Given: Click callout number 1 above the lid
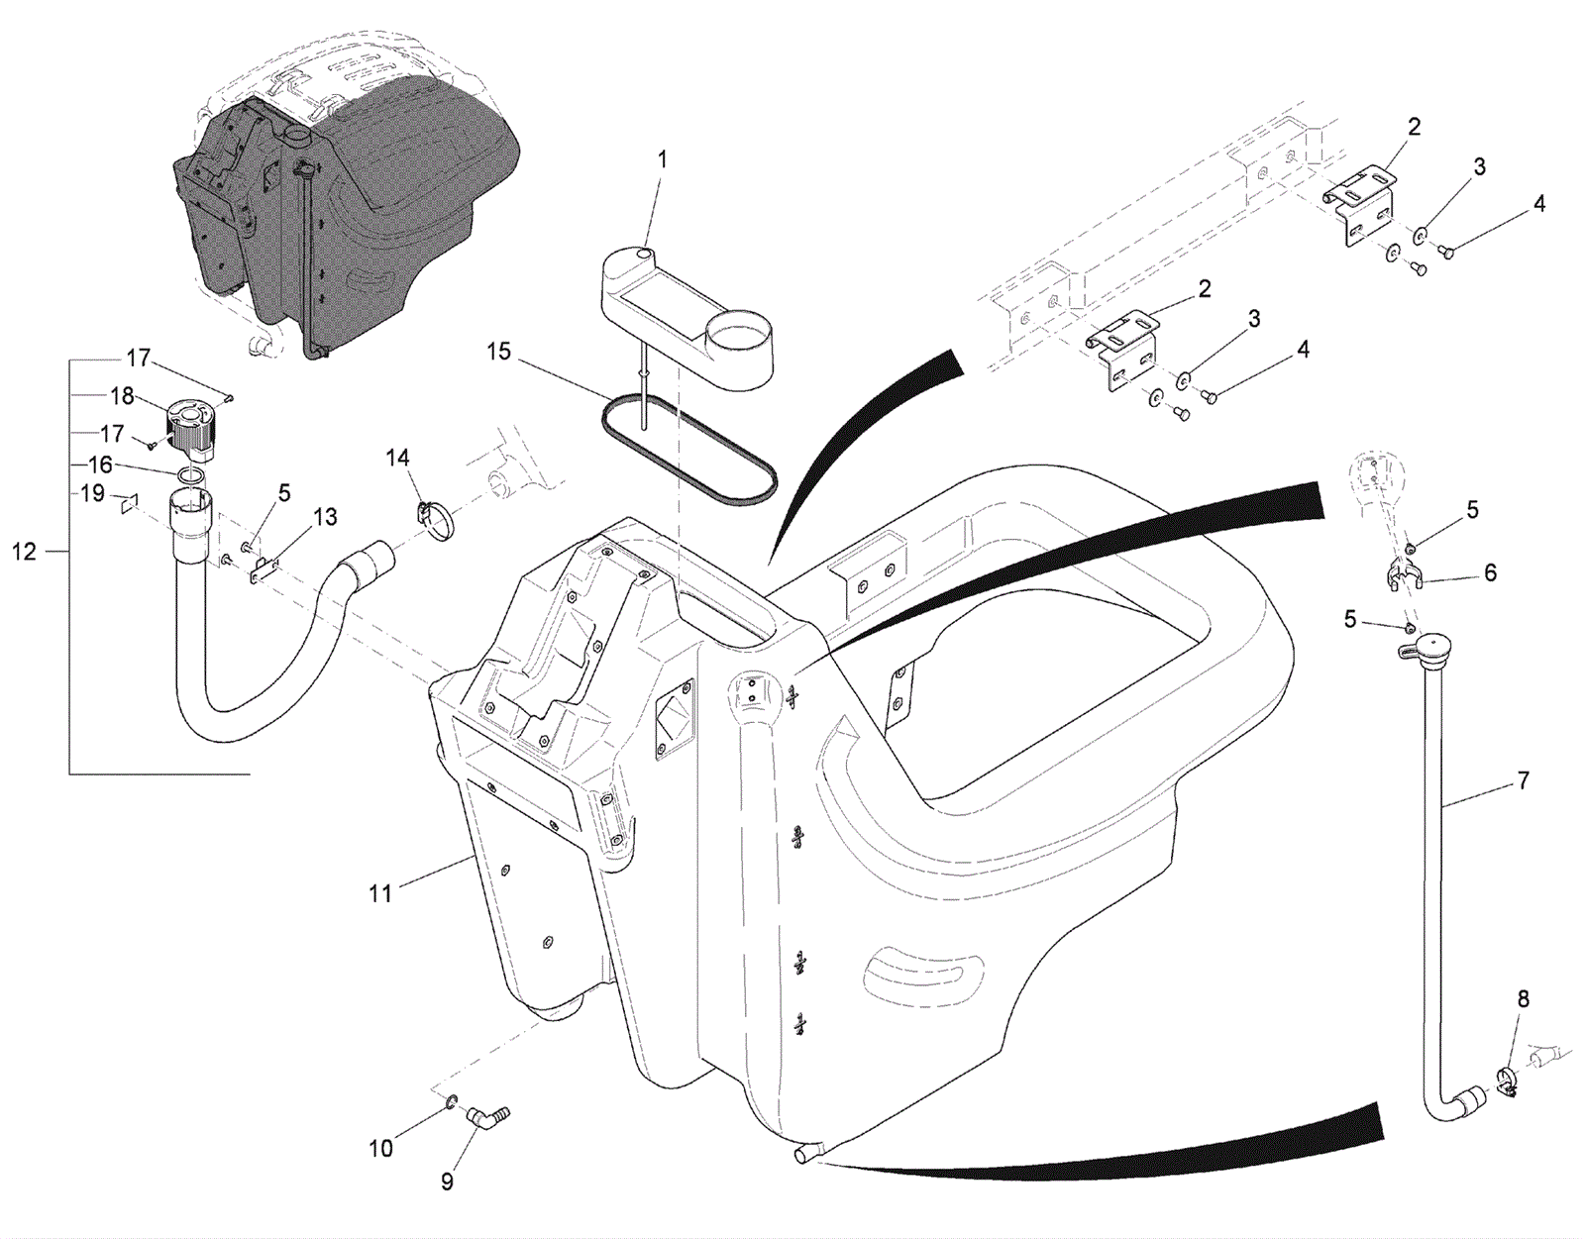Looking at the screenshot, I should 663,159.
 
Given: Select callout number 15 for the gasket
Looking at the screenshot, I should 498,352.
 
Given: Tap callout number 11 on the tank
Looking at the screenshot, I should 380,893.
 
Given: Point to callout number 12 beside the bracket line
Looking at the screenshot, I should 24,552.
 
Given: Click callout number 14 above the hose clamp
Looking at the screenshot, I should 397,458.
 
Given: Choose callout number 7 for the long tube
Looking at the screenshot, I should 1523,781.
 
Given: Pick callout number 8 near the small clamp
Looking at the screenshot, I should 1523,999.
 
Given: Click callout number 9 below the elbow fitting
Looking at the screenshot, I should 447,1182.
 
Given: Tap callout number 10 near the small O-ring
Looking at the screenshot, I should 380,1149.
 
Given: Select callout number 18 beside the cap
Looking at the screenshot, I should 122,397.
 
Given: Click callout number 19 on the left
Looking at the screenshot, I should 92,493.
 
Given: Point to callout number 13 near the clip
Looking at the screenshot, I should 325,517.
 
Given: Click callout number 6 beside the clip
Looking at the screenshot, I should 1490,572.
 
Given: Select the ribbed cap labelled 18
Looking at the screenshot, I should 189,428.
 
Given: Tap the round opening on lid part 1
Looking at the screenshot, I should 738,328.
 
